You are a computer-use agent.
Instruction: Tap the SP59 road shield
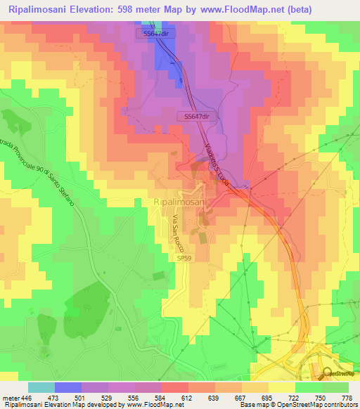(182, 259)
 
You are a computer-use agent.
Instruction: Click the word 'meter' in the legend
(9, 397)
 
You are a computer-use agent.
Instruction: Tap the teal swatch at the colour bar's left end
(41, 387)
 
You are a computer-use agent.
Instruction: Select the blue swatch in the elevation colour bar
(68, 387)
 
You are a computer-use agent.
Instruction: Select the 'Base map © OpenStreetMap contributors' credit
(298, 405)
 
